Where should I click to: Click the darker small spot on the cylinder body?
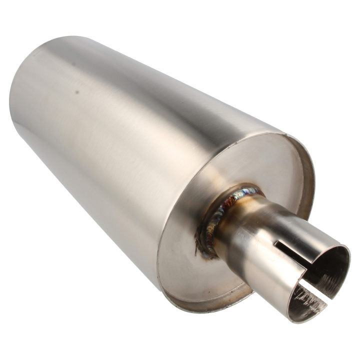76,92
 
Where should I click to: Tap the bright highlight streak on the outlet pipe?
260,235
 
